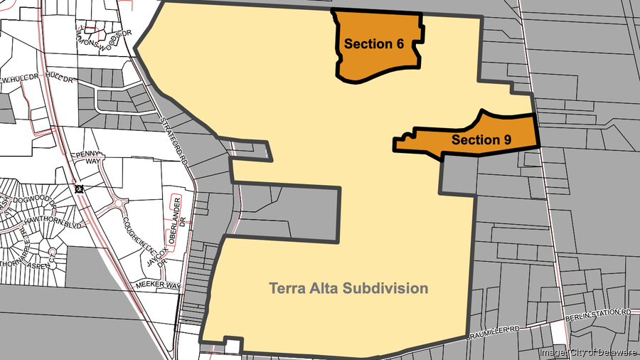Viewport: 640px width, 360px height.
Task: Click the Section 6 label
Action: point(374,44)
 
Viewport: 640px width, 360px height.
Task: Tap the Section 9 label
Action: point(481,139)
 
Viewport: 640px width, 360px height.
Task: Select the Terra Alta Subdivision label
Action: point(348,288)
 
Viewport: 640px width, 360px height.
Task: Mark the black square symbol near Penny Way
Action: point(78,189)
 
